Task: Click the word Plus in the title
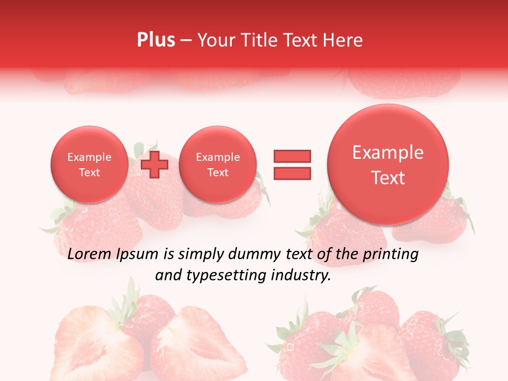(156, 40)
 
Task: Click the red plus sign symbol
(155, 165)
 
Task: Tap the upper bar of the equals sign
(292, 156)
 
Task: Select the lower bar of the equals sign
(292, 173)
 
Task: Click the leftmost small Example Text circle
(89, 165)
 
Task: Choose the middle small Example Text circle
(217, 165)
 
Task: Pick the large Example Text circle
(388, 165)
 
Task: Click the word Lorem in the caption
(90, 255)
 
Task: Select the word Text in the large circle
(388, 178)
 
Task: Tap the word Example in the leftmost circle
(89, 157)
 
